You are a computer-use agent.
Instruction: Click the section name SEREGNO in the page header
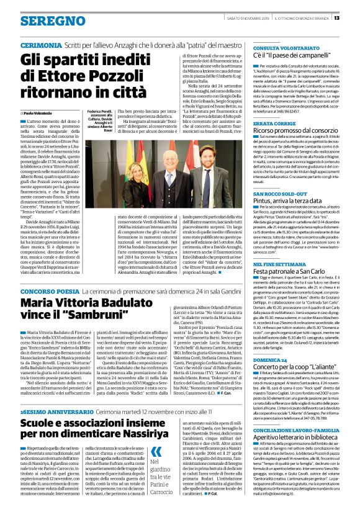coord(44,20)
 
